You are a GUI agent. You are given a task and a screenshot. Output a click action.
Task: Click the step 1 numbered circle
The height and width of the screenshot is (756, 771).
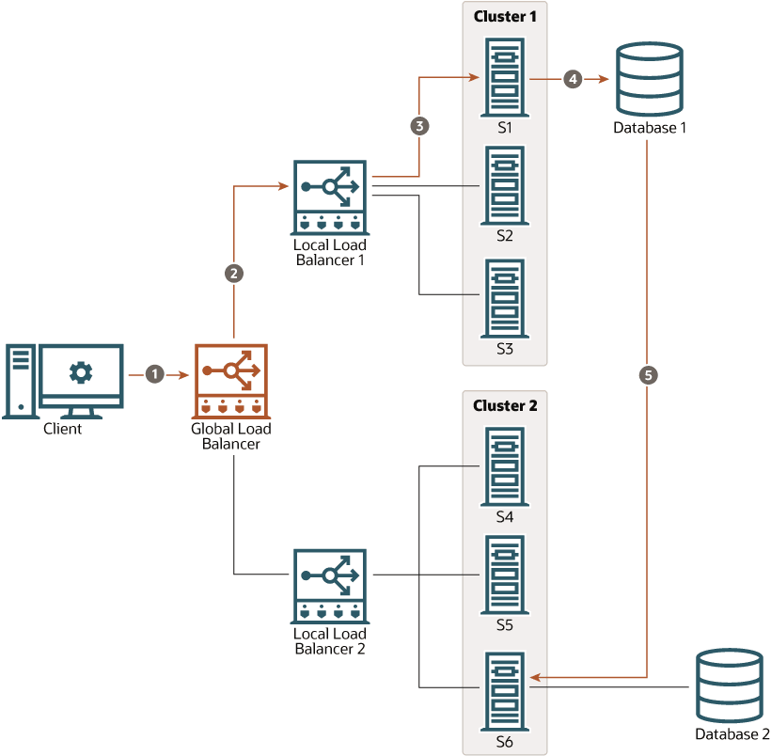156,374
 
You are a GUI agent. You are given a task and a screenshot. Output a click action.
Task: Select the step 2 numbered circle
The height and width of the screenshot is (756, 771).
234,274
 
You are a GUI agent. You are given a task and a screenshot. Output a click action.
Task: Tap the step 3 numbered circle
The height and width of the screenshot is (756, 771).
419,125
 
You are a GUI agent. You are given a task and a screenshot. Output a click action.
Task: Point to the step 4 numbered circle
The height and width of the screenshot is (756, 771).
572,80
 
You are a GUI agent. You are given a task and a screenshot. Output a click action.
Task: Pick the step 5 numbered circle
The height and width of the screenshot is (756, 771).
648,374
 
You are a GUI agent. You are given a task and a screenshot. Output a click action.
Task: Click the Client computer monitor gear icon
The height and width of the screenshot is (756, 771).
81,372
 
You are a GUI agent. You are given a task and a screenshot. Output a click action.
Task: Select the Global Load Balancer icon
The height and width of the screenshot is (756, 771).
231,381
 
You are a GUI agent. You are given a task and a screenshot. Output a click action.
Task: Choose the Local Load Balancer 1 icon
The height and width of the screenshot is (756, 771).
329,197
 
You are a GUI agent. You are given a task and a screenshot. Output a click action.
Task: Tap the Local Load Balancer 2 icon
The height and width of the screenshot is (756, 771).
329,586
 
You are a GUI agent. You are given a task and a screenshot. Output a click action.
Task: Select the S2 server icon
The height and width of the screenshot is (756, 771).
505,184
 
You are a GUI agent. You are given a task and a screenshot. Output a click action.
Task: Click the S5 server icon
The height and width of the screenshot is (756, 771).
505,574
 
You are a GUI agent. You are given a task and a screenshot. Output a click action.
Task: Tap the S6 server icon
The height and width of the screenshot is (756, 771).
505,690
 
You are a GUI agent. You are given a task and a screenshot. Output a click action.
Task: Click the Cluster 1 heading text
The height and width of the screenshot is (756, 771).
505,16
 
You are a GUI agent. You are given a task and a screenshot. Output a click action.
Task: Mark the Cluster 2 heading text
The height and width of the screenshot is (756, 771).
505,406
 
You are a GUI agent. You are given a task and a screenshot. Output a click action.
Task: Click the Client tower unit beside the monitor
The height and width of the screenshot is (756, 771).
20,381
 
